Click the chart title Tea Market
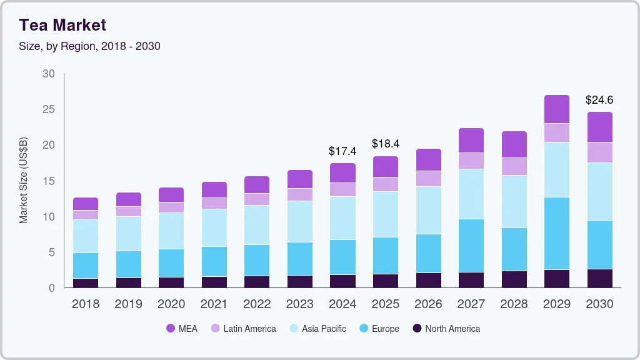(62, 25)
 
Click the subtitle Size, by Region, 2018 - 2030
(90, 46)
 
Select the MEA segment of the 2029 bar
(556, 109)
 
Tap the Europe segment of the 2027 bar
(471, 246)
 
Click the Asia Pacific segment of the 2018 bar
(86, 236)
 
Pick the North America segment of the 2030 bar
(599, 278)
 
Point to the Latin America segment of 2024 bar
(342, 189)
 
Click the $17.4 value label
(342, 151)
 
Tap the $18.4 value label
(385, 144)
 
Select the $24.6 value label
(599, 100)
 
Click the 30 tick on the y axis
(49, 74)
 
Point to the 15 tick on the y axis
(49, 181)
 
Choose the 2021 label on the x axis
(214, 304)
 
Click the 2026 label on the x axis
(428, 304)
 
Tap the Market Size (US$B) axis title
(24, 180)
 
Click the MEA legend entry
(182, 329)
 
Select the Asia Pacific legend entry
(317, 329)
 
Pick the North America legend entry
(446, 329)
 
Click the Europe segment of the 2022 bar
(257, 260)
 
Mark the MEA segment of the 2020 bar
(171, 194)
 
